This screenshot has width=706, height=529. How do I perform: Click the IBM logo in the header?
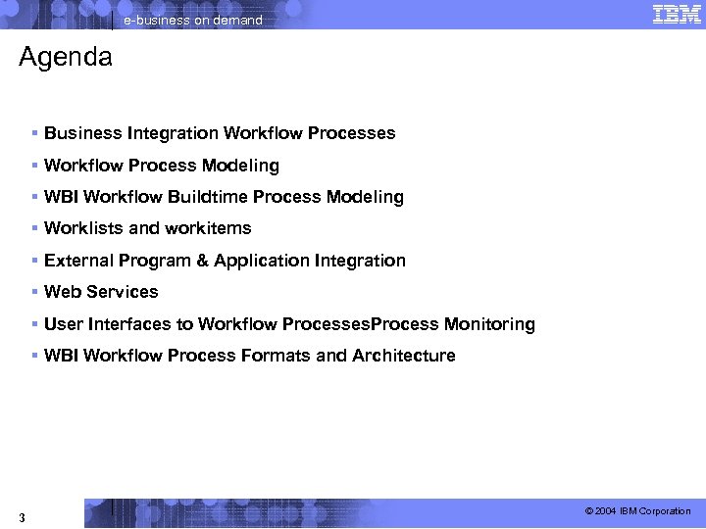(676, 14)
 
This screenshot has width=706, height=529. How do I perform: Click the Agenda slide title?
(66, 58)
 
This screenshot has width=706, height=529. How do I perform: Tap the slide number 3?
(22, 516)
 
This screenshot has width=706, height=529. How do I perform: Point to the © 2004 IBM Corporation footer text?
(637, 511)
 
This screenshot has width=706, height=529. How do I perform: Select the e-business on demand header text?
(193, 20)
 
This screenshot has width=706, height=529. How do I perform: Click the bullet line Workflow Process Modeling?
(162, 166)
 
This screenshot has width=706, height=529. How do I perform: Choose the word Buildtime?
(208, 197)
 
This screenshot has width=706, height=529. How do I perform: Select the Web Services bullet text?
(101, 292)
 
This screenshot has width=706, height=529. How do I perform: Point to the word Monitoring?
(489, 324)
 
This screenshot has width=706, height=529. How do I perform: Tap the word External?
(78, 261)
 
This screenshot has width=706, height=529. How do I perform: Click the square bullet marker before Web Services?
(34, 292)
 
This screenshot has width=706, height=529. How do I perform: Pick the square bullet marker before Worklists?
(34, 228)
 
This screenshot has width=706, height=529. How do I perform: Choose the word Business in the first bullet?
(82, 133)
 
